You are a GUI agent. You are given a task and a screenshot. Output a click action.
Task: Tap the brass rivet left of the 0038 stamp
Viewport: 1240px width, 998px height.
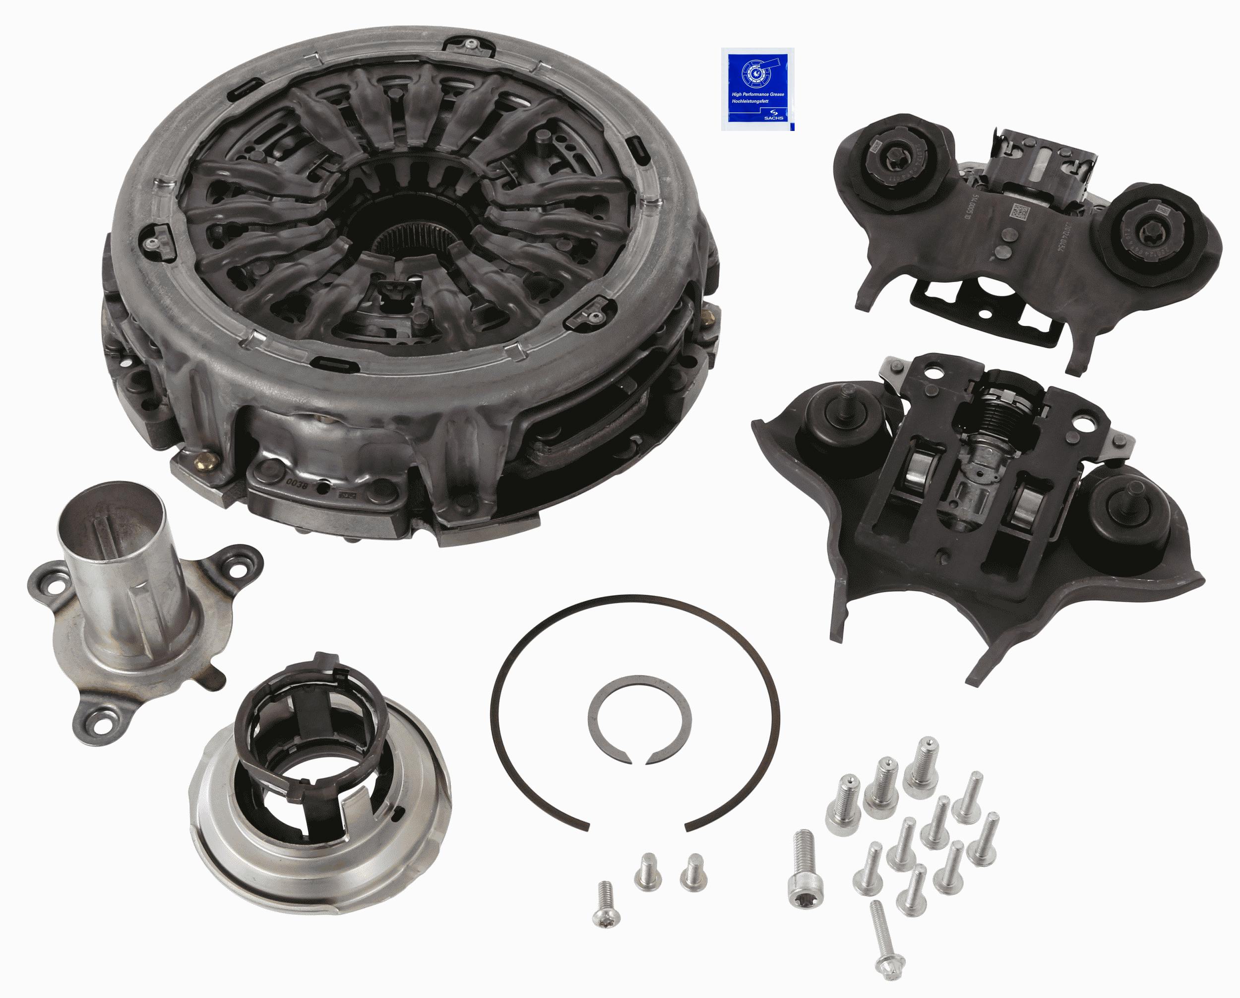click(x=205, y=460)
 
